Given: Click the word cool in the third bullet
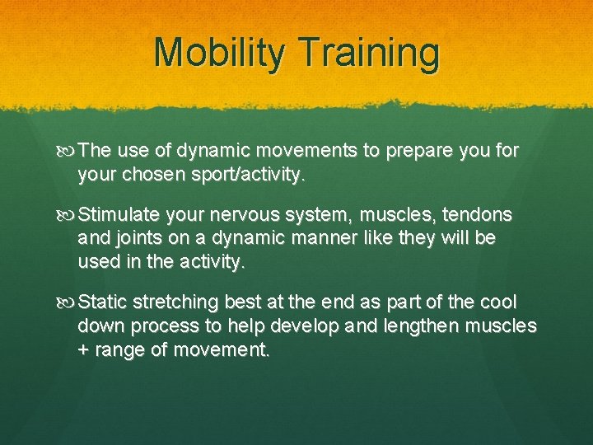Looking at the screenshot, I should [x=497, y=303].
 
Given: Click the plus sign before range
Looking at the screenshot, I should [x=83, y=349].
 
